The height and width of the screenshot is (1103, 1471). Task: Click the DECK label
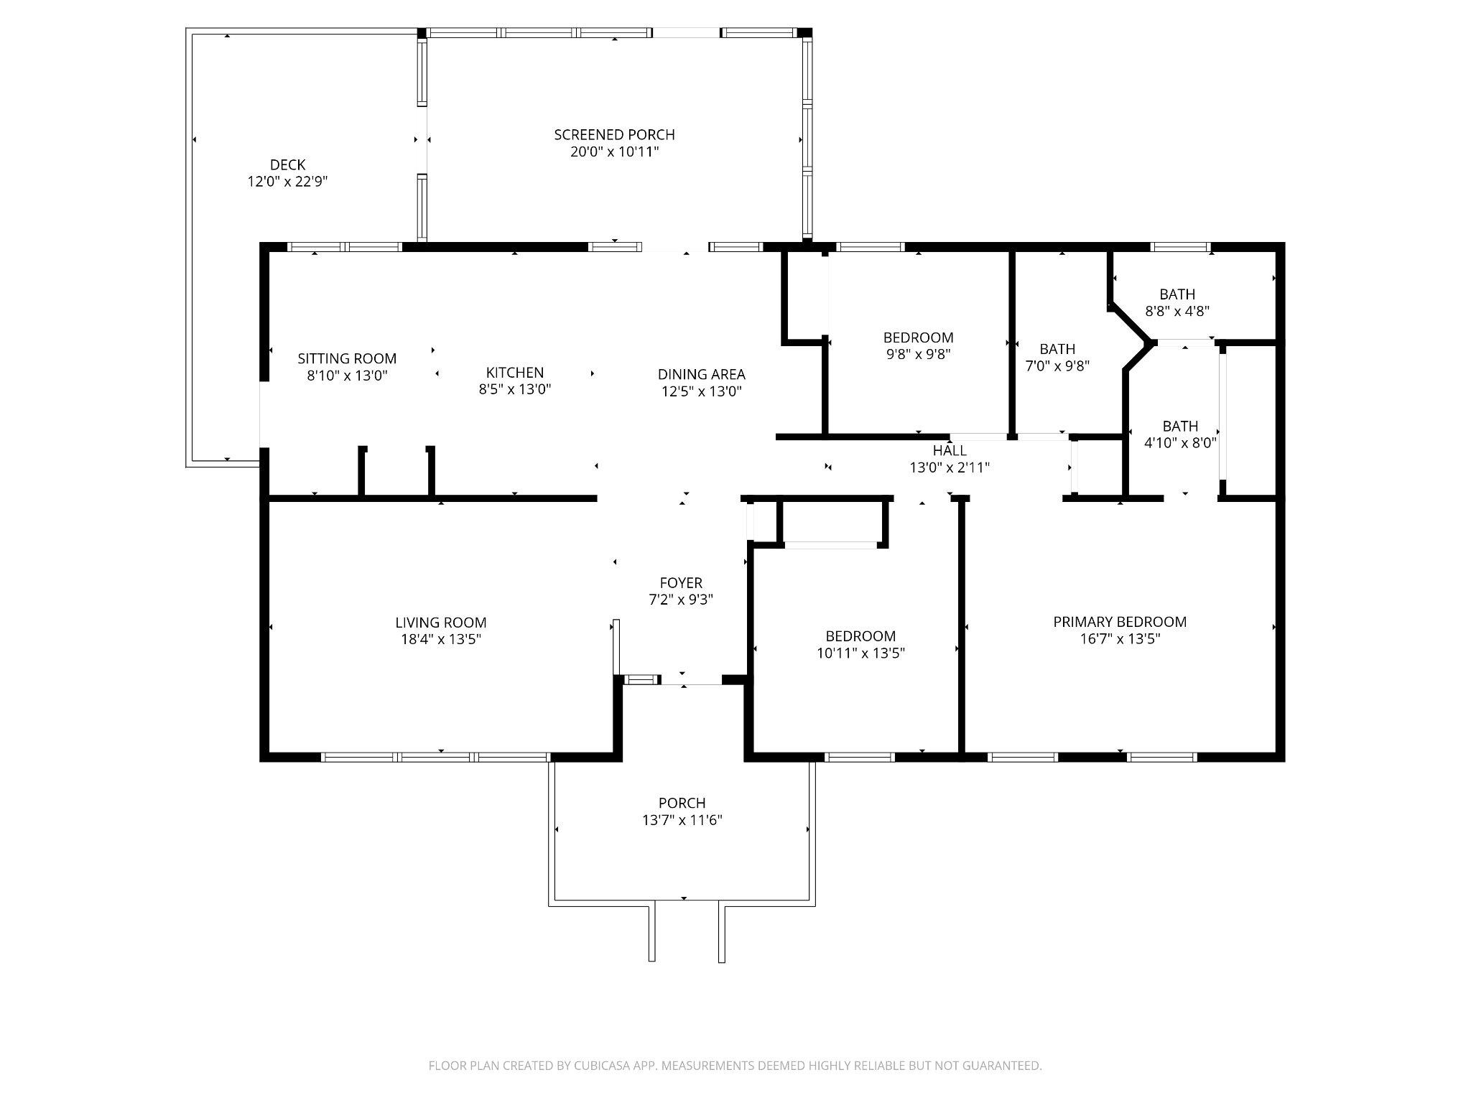coord(287,165)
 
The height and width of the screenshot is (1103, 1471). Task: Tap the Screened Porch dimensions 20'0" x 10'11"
coord(614,152)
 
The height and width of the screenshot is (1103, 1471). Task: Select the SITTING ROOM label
coord(347,358)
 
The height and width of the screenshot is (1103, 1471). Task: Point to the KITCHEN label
coord(515,372)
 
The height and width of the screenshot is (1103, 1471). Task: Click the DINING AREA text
coord(701,374)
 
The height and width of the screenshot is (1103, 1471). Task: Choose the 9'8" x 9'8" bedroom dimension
coord(918,355)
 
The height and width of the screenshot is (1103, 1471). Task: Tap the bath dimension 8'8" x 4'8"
coord(1177,312)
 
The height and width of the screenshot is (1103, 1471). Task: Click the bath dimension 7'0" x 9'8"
coord(1057,366)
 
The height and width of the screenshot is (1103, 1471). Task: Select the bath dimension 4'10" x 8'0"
coord(1180,443)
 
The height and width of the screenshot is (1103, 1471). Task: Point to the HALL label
coord(950,450)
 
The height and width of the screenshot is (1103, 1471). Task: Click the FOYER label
coord(681,582)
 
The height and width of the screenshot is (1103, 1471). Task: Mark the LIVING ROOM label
coord(441,623)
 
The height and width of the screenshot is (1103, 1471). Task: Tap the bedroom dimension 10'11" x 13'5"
coord(860,653)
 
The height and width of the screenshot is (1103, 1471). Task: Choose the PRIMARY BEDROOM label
coord(1120,622)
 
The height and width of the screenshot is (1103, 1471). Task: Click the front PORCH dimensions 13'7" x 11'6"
coord(682,820)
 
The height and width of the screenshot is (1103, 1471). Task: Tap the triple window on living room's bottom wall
coord(435,757)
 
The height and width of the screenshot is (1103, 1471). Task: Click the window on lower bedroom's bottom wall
coord(860,757)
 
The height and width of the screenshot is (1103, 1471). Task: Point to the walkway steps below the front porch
coord(687,933)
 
